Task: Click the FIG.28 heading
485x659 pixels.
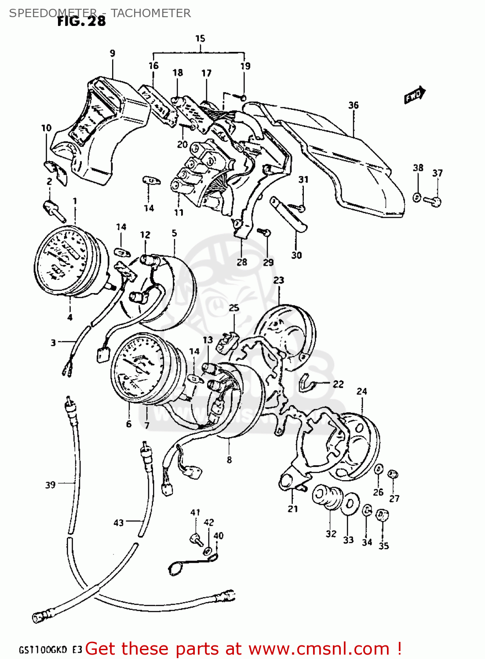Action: coord(81,21)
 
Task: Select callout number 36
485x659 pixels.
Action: coord(353,105)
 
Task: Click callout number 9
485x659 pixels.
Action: coord(113,54)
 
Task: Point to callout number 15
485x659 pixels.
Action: coord(200,39)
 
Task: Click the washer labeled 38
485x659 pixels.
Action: coord(417,197)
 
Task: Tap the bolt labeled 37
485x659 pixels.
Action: coord(434,200)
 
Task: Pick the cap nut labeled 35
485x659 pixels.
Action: coord(383,515)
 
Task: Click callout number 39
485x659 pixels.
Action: coord(51,485)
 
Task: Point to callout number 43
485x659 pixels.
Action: coord(119,523)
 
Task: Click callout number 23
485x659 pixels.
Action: coord(279,280)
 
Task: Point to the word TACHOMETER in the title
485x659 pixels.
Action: coord(151,13)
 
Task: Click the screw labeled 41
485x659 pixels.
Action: coord(196,538)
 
